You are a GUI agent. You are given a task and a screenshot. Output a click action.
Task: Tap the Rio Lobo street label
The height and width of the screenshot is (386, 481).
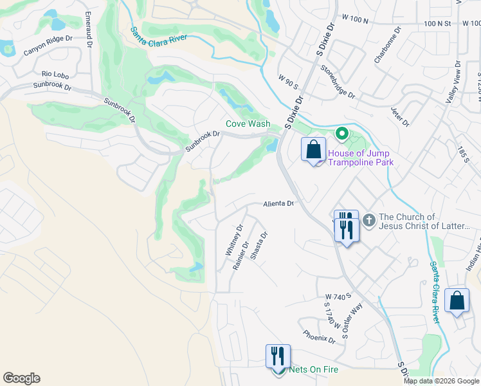pos(55,75)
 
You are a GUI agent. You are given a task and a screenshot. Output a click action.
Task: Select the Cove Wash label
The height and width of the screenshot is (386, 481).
pos(248,124)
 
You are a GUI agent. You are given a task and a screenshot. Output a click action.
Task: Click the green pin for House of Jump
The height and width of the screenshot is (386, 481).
pos(342,134)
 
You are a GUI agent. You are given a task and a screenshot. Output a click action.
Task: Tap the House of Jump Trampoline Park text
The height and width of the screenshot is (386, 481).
pos(360,158)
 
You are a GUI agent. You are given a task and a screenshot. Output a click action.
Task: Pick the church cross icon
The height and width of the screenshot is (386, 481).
pos(368,221)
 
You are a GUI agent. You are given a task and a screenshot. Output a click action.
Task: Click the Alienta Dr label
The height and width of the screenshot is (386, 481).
pos(278,204)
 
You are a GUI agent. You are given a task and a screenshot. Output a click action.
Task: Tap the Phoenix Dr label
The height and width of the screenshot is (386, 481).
pos(320,336)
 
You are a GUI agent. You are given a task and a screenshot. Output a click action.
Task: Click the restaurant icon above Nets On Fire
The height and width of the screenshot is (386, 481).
pos(278,356)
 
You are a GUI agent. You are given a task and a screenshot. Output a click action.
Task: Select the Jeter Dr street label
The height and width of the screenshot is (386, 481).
pos(399,113)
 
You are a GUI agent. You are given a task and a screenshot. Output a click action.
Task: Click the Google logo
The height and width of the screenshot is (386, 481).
pos(21,378)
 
